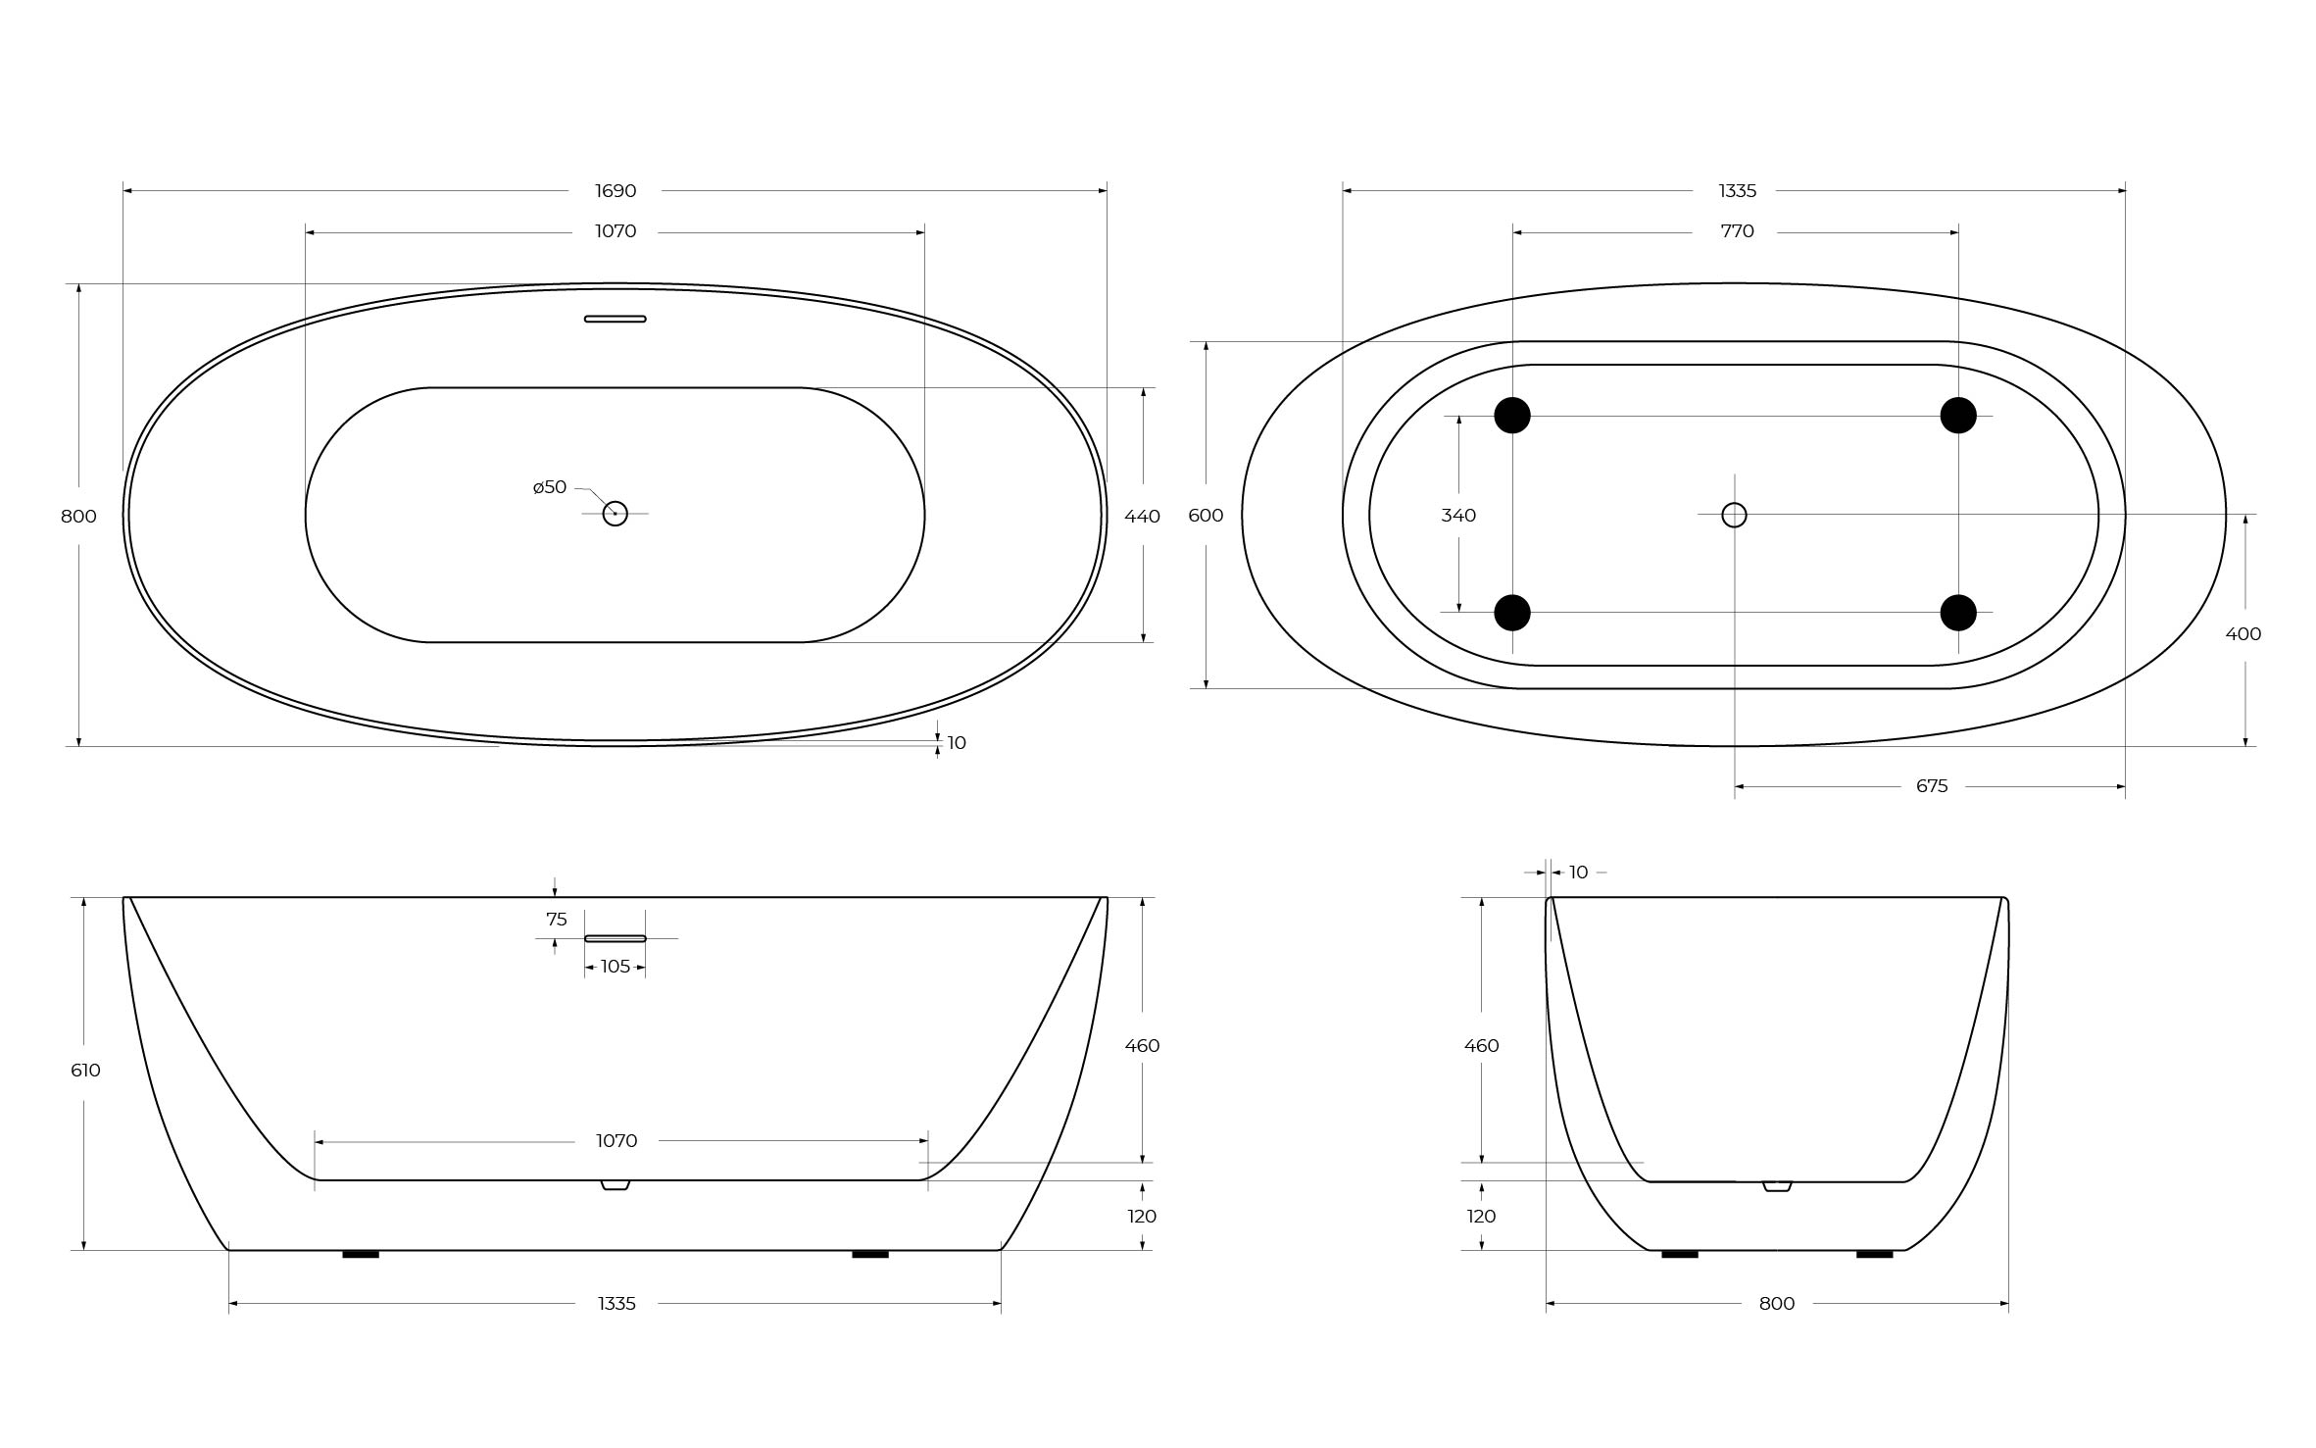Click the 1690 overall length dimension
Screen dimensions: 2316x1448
coord(616,191)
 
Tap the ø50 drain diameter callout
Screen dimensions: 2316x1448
coord(550,487)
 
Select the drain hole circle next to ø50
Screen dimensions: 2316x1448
coord(615,513)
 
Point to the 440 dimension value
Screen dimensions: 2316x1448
coord(1142,517)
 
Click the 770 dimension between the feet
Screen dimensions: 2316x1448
coord(1737,231)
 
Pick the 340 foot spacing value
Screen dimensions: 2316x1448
coord(1458,516)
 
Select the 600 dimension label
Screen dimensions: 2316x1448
coord(1206,516)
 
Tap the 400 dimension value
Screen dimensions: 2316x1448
coord(2243,634)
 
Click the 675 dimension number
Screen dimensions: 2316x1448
coord(1932,786)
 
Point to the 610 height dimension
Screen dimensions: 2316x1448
coord(85,1071)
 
